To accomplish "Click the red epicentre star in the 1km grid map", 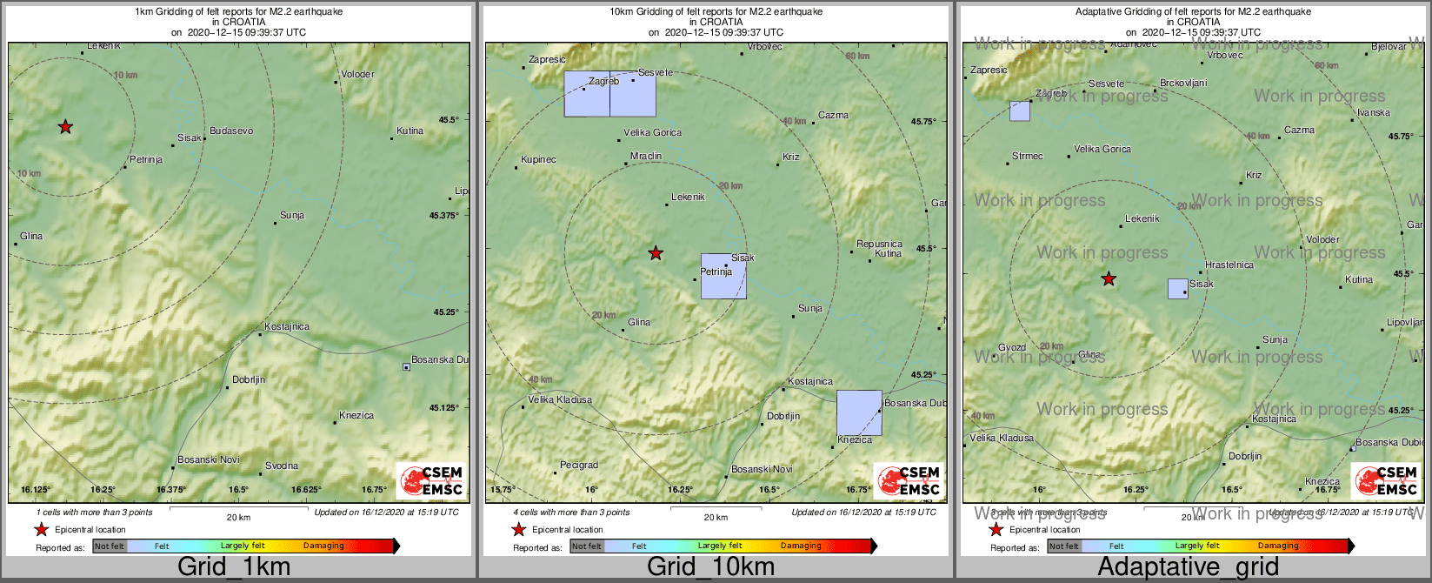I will (65, 127).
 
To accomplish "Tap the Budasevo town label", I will (231, 131).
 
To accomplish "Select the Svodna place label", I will (282, 466).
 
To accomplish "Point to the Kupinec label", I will (538, 160).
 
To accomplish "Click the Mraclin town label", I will (646, 157).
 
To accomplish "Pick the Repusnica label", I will (879, 245).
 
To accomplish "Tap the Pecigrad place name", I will (579, 466).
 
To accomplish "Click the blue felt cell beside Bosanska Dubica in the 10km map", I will (859, 412).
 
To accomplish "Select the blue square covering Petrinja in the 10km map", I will (723, 277).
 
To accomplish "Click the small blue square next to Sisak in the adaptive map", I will (1177, 289).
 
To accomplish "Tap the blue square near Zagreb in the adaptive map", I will (1020, 111).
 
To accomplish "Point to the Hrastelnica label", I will (1229, 265).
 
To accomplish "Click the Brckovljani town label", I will (1183, 84).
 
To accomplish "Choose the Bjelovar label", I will (1389, 47).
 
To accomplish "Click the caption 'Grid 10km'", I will (710, 567).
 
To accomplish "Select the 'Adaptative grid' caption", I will (1188, 567).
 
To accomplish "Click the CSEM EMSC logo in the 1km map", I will (431, 481).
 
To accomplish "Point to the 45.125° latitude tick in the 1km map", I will (445, 407).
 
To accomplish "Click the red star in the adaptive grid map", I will (1109, 279).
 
